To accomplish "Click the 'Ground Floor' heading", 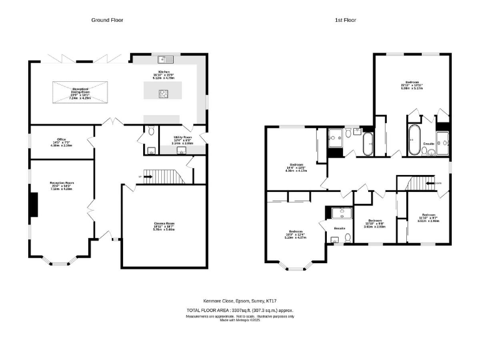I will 107,20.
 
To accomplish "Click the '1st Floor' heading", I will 346,20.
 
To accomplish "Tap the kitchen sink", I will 166,59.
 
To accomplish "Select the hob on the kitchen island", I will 164,94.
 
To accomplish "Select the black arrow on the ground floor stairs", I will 148,177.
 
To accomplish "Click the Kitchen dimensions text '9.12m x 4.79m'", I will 164,80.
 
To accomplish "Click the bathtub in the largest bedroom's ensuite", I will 414,140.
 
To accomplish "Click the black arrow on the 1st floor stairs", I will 429,183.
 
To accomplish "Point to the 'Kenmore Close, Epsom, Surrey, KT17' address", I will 239,301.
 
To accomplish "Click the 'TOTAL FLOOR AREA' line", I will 239,310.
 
